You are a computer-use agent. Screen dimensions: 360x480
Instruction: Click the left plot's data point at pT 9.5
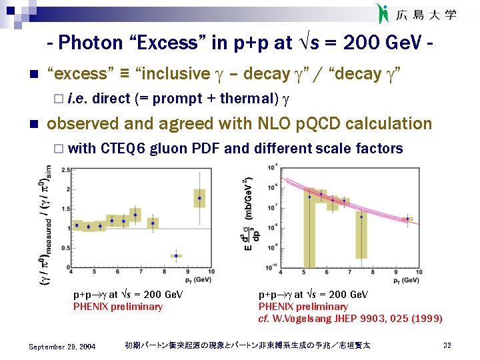[199, 198]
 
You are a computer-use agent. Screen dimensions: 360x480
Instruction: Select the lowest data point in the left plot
[177, 255]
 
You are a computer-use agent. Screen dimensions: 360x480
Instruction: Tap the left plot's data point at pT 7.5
[153, 223]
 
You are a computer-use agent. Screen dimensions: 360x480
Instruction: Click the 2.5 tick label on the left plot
[64, 170]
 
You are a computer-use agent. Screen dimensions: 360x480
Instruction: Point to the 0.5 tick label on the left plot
[64, 248]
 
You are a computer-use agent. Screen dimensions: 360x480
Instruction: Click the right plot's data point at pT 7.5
[361, 217]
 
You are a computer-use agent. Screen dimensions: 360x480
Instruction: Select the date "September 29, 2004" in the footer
[62, 346]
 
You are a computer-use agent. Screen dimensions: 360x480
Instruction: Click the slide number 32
[447, 345]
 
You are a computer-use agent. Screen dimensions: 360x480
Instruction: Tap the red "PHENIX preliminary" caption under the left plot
[117, 307]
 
